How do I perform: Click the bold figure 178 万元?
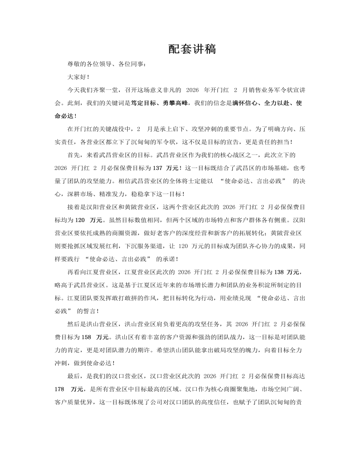(x=69, y=388)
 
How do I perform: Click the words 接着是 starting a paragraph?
(x=77, y=206)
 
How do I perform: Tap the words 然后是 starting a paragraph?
(x=77, y=323)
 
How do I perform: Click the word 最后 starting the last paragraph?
(x=74, y=375)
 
